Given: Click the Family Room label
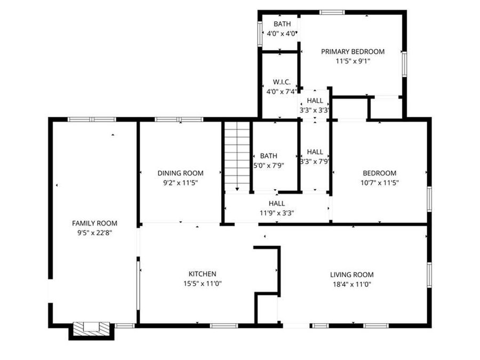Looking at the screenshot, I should click(x=94, y=223).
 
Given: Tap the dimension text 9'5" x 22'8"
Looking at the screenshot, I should click(x=94, y=233).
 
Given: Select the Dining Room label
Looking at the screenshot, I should click(x=180, y=173).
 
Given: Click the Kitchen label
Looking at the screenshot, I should click(x=202, y=274).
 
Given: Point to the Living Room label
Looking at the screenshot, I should click(x=351, y=275).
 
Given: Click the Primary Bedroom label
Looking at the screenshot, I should click(x=353, y=52).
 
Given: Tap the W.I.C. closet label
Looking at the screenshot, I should click(x=281, y=82).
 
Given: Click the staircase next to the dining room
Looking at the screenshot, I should click(x=237, y=156).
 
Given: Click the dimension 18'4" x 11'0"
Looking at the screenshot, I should click(x=351, y=284).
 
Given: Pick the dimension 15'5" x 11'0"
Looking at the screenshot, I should click(x=202, y=284).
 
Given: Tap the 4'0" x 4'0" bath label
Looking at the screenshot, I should click(x=282, y=34).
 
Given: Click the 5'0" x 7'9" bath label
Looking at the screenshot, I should click(x=269, y=165).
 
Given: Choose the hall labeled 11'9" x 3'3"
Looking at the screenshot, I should click(x=277, y=213).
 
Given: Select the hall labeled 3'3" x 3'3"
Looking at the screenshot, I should click(x=315, y=110).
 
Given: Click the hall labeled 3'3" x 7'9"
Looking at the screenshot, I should click(x=315, y=161).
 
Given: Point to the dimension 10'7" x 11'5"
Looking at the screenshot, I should click(x=379, y=182).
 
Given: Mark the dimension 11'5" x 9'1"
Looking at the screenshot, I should click(x=353, y=61).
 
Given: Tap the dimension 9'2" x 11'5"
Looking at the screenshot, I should click(x=180, y=182).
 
